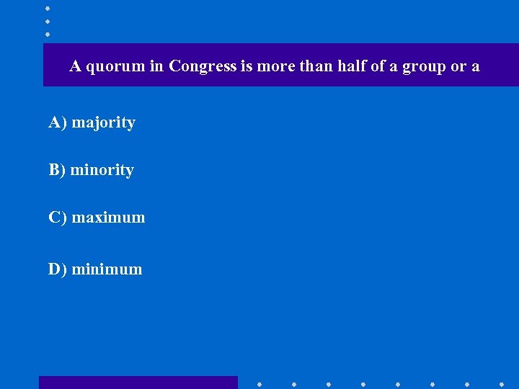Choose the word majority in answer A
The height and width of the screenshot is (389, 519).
(103, 123)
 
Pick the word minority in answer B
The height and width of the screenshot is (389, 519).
(102, 171)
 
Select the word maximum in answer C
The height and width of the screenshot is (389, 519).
(108, 218)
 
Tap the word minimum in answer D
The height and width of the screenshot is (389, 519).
(107, 269)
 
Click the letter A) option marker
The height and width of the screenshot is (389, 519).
(58, 122)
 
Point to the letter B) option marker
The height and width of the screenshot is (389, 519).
(57, 170)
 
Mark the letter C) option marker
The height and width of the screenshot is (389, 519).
(58, 218)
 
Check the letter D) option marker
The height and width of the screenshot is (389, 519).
(58, 269)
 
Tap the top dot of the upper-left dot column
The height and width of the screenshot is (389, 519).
(47, 9)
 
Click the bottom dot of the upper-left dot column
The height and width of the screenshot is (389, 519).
(47, 34)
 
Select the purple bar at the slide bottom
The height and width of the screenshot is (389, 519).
(138, 383)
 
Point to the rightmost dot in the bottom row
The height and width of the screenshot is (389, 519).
(501, 384)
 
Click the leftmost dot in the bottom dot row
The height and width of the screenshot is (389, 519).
(259, 384)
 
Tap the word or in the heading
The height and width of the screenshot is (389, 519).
(458, 67)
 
